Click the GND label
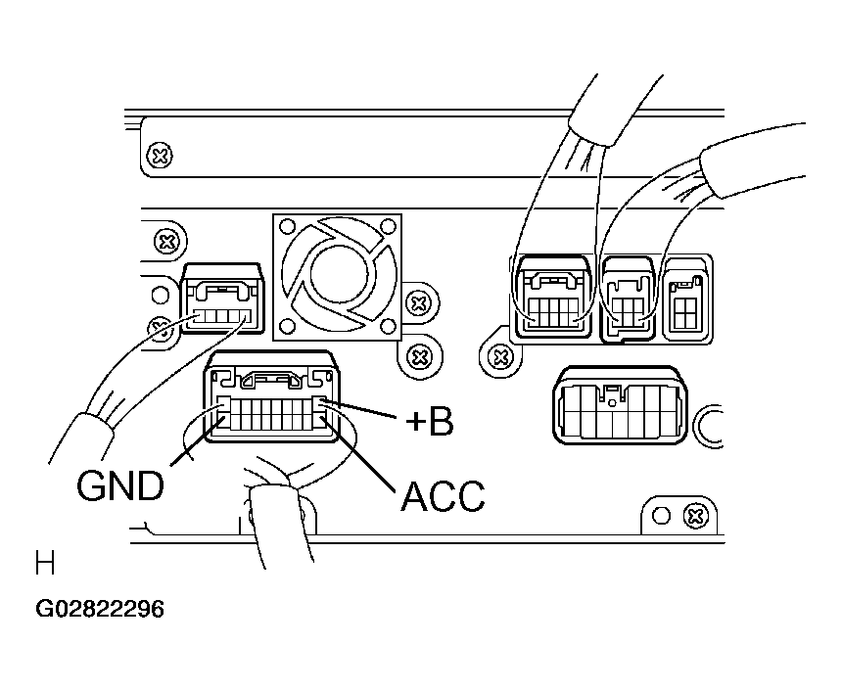120,485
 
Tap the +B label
429,422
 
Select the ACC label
443,495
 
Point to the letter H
45,562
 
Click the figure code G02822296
100,610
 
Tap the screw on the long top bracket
160,157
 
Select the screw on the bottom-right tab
695,517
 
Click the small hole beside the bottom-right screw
661,516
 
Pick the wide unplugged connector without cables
620,405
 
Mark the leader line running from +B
363,409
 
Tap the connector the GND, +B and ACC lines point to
272,396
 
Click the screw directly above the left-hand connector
167,242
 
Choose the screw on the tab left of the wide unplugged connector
500,356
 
